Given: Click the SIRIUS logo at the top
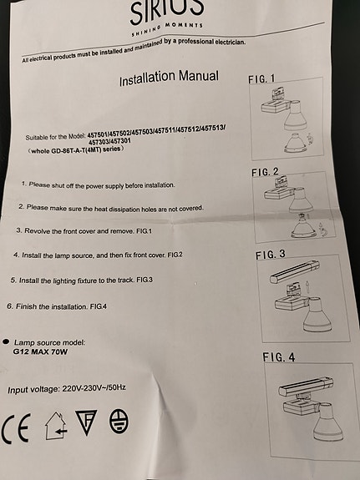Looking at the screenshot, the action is [167, 11].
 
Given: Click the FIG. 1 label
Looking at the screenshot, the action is [261, 79].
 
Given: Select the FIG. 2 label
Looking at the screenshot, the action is [265, 172].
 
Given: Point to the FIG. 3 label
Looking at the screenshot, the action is [271, 255].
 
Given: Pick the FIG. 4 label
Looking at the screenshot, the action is [278, 357].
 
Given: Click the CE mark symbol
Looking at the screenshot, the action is [16, 428].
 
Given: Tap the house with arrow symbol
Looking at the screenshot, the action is [56, 426].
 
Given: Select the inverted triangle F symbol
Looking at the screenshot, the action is [86, 422].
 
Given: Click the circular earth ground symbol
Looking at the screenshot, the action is [119, 421].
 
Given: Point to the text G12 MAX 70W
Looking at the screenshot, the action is [40, 351].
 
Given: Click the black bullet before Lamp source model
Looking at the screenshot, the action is [6, 341].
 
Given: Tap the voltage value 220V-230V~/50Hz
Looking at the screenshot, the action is [94, 388].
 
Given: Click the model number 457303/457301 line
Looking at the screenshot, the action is [109, 141].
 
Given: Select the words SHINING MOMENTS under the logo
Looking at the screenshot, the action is [167, 28].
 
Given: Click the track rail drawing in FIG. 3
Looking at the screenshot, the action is [295, 271].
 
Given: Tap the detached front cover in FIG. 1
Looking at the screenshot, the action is [296, 144].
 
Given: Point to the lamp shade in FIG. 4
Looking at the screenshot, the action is [327, 423].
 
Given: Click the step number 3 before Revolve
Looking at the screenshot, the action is [19, 230].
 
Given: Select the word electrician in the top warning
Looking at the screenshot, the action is [230, 42].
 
